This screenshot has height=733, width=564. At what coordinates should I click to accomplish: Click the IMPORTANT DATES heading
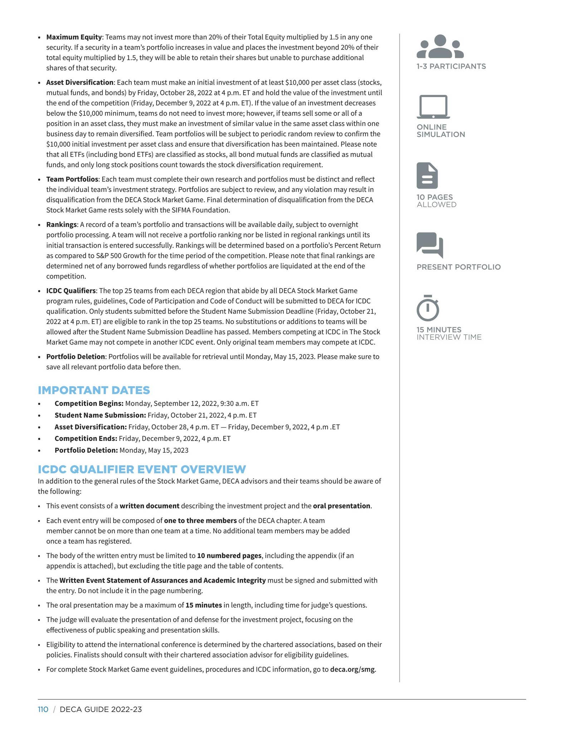pyautogui.click(x=94, y=390)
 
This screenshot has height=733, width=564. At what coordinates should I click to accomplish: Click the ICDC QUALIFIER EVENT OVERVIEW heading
pyautogui.click(x=142, y=469)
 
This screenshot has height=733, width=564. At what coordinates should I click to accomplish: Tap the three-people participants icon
pyautogui.click(x=440, y=47)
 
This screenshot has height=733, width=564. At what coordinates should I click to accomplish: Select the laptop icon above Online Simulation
pyautogui.click(x=433, y=107)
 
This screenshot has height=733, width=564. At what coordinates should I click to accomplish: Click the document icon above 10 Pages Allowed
pyautogui.click(x=427, y=175)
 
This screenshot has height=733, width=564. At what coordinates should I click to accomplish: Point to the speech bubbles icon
pyautogui.click(x=430, y=245)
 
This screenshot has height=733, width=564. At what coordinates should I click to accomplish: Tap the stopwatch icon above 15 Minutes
pyautogui.click(x=428, y=308)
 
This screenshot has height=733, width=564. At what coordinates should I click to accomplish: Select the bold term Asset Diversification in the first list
pyautogui.click(x=80, y=82)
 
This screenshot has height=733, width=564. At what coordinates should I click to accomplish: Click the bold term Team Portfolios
pyautogui.click(x=72, y=179)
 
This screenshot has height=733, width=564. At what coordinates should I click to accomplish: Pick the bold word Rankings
pyautogui.click(x=62, y=224)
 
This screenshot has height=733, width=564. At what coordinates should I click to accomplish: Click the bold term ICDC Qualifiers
pyautogui.click(x=71, y=291)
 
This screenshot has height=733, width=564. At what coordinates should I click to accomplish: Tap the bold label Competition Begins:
pyautogui.click(x=89, y=403)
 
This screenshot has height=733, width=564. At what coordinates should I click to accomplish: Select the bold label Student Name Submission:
pyautogui.click(x=100, y=415)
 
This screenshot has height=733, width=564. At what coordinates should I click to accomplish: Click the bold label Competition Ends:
pyautogui.click(x=86, y=438)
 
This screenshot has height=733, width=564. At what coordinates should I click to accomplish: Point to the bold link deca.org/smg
pyautogui.click(x=352, y=669)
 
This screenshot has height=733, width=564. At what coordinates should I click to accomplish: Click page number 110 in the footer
pyautogui.click(x=43, y=709)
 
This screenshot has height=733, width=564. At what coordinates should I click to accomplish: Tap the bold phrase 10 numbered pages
pyautogui.click(x=229, y=555)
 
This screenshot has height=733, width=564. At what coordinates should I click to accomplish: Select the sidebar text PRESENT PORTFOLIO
pyautogui.click(x=458, y=267)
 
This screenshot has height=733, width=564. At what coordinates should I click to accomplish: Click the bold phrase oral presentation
pyautogui.click(x=342, y=506)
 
